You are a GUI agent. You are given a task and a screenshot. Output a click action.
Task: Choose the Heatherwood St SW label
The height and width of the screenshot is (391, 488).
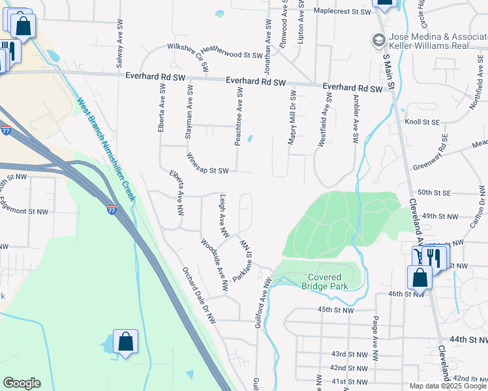tap(230, 55)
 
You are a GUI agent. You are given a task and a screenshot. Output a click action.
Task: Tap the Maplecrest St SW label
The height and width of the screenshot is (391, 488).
tap(342, 12)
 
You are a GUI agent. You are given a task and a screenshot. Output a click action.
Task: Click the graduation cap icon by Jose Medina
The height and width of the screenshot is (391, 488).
tap(378, 40)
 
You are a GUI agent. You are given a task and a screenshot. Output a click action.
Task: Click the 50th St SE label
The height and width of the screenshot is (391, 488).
tap(435, 193)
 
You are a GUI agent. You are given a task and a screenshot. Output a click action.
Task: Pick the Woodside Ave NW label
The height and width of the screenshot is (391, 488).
tap(214, 267)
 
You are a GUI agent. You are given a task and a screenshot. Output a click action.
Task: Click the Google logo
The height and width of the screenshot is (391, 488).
tap(22, 383)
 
